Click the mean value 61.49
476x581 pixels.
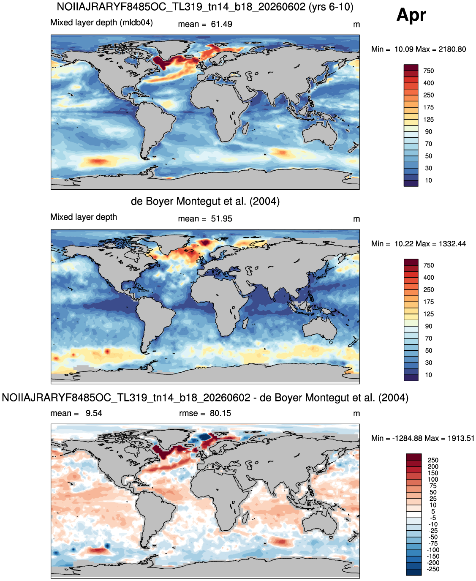(x=221, y=24)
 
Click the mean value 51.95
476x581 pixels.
(x=221, y=219)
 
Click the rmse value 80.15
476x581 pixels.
(x=220, y=413)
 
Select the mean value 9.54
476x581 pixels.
(x=94, y=413)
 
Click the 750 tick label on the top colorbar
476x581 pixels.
(x=429, y=71)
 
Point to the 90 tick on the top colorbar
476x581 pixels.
(x=428, y=132)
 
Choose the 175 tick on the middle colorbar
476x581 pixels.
(x=429, y=302)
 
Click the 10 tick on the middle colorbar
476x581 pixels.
(x=428, y=375)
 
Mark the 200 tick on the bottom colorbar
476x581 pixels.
(x=433, y=466)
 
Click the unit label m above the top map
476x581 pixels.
(x=356, y=25)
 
